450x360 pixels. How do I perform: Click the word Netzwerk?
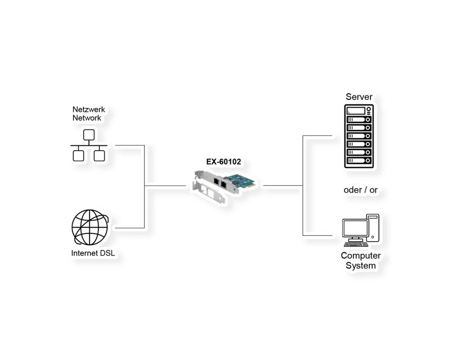(89, 109)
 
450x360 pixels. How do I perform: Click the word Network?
(87, 118)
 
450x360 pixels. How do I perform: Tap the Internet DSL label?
(93, 253)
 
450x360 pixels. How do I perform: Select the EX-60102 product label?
(224, 162)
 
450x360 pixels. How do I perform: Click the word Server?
(359, 97)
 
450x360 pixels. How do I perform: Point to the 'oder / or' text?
(360, 190)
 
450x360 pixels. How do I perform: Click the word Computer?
(361, 256)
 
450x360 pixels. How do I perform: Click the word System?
(361, 265)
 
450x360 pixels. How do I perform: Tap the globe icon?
(90, 227)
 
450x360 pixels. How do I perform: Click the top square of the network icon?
(89, 135)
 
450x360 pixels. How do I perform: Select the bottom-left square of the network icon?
(78, 156)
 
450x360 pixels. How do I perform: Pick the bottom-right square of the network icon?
(99, 156)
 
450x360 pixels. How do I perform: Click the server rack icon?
(359, 136)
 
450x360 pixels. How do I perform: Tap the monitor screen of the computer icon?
(355, 228)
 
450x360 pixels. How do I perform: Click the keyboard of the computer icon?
(356, 244)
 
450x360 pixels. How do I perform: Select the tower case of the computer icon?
(373, 228)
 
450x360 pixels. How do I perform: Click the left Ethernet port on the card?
(216, 181)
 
